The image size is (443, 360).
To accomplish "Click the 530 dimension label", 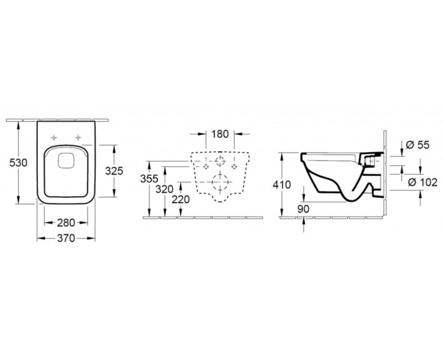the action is coord(18,163).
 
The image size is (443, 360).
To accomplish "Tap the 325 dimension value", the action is coord(114,171).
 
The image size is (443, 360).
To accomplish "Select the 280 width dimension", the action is coord(66,223).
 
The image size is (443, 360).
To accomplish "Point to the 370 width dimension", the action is coord(66,238).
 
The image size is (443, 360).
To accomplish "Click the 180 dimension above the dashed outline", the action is coord(220,134).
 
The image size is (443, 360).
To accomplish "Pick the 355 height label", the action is coord(150,178).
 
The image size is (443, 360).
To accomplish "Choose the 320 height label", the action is coord(164,189).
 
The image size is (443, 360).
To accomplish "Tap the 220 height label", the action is coord(181,199).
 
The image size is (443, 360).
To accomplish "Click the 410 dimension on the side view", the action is coord(282,184).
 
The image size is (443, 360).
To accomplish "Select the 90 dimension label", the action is coord(303,209).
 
